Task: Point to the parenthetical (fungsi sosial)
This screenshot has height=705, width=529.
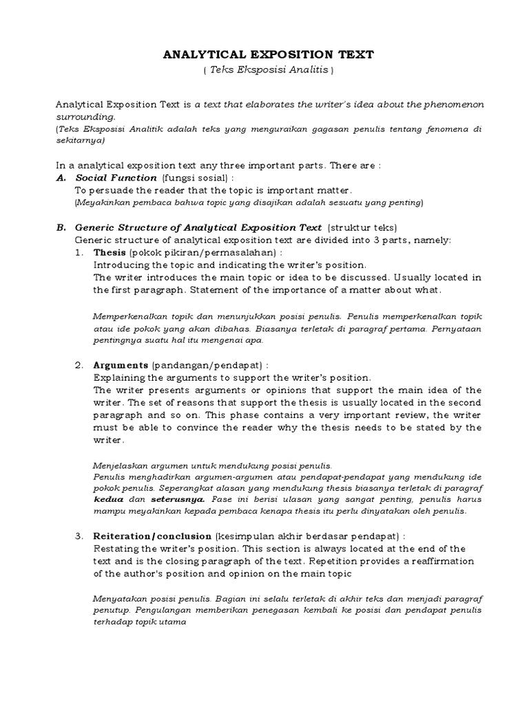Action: coord(194,178)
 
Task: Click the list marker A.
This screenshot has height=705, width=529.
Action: coord(59,178)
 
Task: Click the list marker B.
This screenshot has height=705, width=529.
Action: coord(59,227)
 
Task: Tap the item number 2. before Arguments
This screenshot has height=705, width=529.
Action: coord(79,365)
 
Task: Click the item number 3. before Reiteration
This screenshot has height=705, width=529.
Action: coord(79,536)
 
